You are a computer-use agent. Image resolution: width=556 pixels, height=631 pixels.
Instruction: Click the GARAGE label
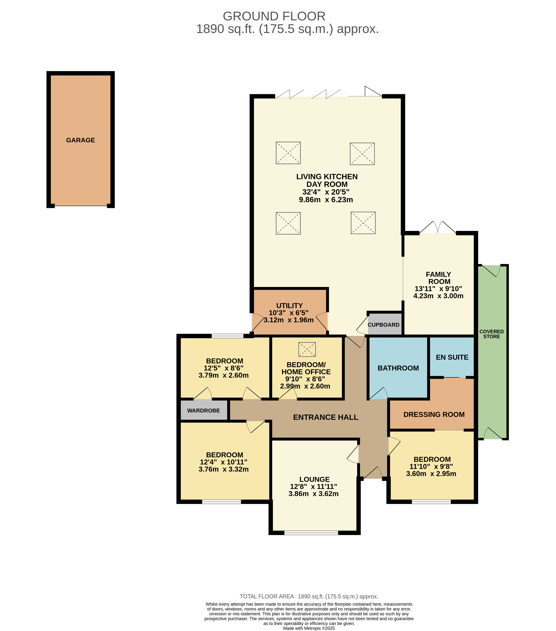[x=81, y=140]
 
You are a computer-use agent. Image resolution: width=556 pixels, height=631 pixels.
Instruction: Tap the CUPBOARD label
[x=383, y=325]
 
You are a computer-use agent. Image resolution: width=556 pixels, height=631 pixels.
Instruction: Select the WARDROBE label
[x=204, y=411]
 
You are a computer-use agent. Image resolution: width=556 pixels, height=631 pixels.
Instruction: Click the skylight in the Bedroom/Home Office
[x=307, y=349]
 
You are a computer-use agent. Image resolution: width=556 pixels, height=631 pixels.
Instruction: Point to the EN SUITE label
[x=452, y=357]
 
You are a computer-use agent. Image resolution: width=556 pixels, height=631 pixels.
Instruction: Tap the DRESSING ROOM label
[x=434, y=415]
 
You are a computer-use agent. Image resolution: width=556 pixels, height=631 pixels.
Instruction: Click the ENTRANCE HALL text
[x=325, y=417]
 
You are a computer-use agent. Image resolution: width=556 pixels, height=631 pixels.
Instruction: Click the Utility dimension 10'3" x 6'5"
[x=288, y=313]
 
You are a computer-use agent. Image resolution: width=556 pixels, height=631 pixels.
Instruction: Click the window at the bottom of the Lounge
[x=311, y=533]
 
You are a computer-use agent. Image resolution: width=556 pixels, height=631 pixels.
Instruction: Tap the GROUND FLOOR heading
[x=274, y=16]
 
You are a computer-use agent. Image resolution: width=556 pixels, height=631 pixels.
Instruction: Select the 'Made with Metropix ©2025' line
[x=309, y=628]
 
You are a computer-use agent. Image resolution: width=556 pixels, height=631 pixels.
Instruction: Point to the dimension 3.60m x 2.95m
[x=431, y=474]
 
